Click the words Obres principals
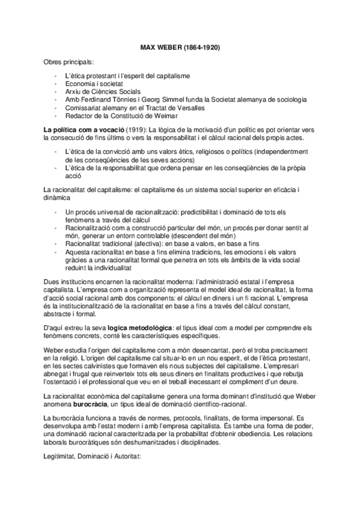[69, 61]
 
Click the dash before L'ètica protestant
[55, 77]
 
